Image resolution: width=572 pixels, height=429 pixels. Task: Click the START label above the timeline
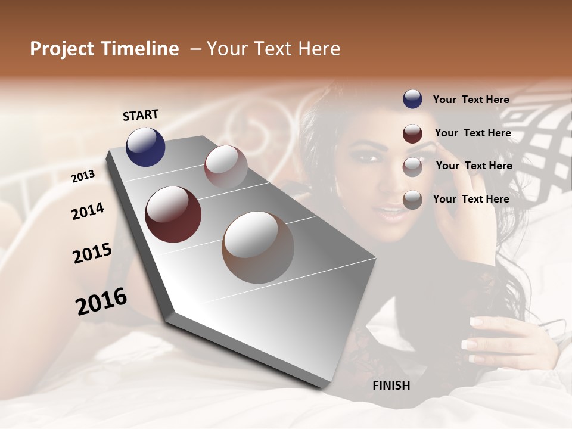pos(141,115)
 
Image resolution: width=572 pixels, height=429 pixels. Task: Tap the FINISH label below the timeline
pos(391,386)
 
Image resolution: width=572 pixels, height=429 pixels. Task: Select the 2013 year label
pos(83,176)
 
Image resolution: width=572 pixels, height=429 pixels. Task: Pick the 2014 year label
pos(88,211)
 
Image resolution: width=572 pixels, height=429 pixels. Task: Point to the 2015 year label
pos(92,253)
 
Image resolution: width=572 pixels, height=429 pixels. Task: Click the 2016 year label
pos(101,301)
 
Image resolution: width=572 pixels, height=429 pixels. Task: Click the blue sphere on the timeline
pos(145,147)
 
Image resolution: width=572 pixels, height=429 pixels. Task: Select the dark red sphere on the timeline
pos(173,214)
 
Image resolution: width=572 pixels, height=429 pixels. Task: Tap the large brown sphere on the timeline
pos(258,247)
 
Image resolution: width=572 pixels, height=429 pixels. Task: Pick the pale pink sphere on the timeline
pos(226,167)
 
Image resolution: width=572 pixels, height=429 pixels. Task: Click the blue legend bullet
pos(412,100)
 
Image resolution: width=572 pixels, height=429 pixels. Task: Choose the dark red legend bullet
pos(412,133)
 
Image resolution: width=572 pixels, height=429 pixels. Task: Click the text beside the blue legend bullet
pos(471,100)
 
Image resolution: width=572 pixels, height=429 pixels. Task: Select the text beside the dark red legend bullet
pos(472,133)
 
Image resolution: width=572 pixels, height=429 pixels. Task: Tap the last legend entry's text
pos(471,199)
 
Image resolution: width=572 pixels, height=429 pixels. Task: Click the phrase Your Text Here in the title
pos(273,49)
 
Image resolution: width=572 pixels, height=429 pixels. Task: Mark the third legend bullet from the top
pos(412,167)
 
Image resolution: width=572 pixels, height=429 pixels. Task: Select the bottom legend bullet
pos(412,200)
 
